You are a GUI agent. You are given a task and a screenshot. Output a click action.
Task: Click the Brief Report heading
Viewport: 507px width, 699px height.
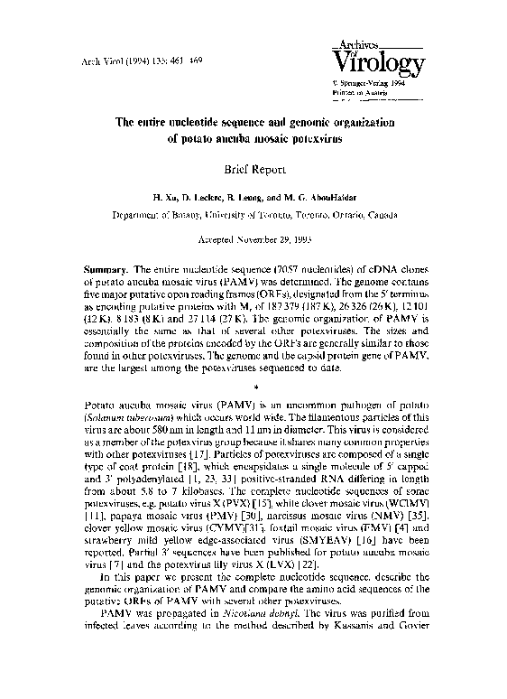pos(253,168)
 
